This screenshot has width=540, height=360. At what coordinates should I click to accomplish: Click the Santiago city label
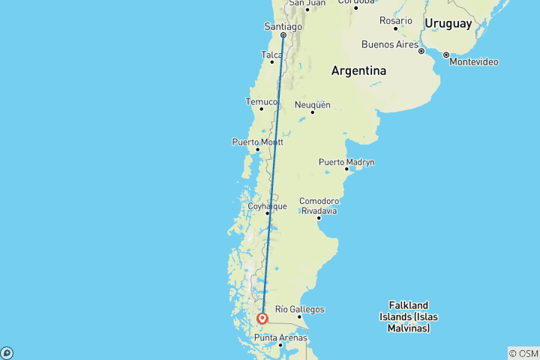[x=283, y=26]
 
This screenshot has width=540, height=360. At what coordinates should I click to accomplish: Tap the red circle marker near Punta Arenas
[x=262, y=319]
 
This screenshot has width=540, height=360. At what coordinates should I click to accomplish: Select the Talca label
[x=271, y=55]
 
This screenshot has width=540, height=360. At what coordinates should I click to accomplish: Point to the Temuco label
[x=262, y=101]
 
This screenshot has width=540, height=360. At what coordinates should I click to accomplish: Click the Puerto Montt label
[x=257, y=142]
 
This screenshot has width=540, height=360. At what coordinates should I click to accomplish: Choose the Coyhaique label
[x=267, y=205]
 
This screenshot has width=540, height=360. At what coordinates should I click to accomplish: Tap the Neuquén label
[x=313, y=104]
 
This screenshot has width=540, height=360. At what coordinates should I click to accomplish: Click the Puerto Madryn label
[x=346, y=162]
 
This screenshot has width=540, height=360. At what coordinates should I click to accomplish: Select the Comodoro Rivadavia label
[x=319, y=205]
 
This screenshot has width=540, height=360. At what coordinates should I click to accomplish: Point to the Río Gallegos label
[x=300, y=309]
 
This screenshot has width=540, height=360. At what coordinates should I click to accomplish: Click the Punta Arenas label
[x=280, y=338]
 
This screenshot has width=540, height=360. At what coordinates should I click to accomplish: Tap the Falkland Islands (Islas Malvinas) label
[x=409, y=316]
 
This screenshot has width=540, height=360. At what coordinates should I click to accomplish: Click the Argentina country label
[x=359, y=70]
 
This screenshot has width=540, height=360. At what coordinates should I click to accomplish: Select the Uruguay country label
[x=448, y=24]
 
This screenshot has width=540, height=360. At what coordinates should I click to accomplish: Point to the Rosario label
[x=396, y=20]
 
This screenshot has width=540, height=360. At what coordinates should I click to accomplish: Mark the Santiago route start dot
[x=283, y=35]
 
